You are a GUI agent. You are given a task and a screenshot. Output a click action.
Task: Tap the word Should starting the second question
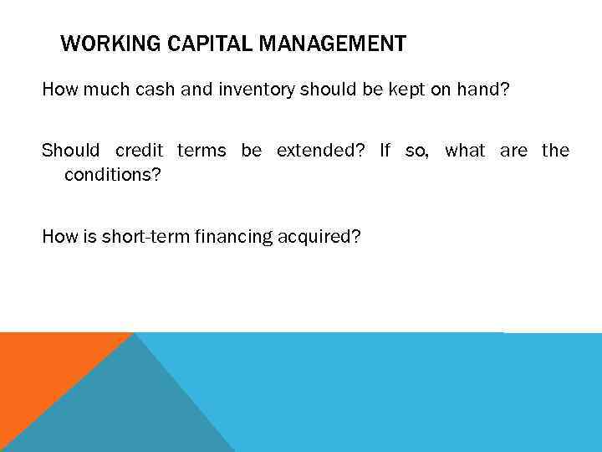70,151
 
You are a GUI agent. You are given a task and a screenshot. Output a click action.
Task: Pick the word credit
140,151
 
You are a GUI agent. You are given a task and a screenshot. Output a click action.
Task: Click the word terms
202,151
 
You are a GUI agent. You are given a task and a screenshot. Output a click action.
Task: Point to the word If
385,151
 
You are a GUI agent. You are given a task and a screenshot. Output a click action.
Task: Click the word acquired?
320,237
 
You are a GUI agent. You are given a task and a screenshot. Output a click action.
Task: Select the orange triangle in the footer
42,368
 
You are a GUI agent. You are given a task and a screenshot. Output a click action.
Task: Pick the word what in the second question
465,151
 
